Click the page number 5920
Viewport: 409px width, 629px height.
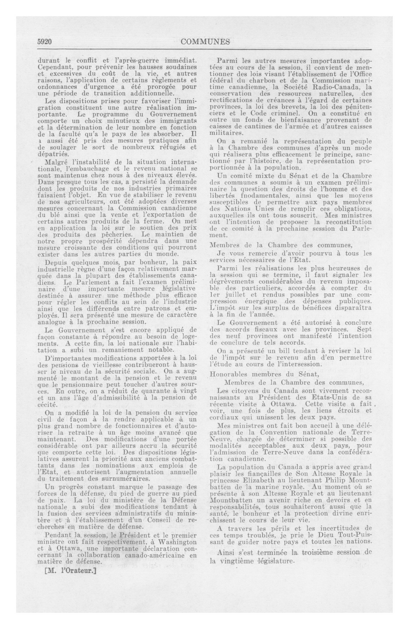click(44, 42)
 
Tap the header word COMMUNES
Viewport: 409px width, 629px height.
click(205, 42)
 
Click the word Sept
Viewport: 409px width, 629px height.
click(364, 330)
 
